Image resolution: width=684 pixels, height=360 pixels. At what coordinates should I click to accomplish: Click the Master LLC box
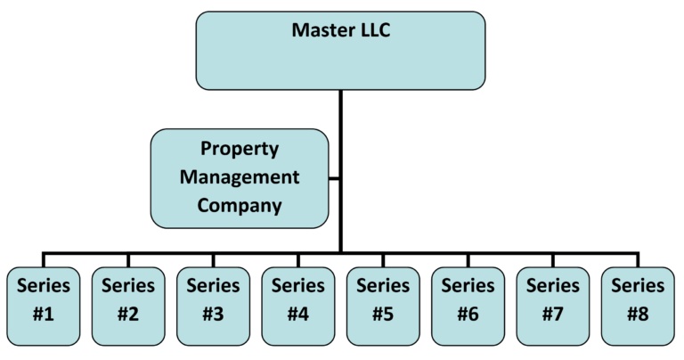(x=340, y=51)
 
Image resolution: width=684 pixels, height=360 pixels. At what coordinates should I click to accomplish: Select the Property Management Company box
(x=240, y=177)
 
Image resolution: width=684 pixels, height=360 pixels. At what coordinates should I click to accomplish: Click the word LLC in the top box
(x=373, y=30)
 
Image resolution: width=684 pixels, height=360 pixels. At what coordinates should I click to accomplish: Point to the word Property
(x=240, y=149)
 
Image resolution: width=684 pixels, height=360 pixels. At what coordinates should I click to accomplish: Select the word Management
(x=240, y=176)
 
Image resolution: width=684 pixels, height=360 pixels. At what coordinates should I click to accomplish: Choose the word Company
(x=240, y=205)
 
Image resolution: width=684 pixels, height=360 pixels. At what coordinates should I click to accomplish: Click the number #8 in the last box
(x=638, y=315)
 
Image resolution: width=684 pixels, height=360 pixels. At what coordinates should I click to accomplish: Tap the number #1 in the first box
(x=43, y=315)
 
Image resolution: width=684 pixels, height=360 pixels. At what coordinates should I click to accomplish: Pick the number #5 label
(x=383, y=315)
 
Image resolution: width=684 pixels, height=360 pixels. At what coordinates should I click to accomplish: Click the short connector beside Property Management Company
(x=335, y=177)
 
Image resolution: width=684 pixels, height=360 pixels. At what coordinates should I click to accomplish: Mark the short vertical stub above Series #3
(x=213, y=260)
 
